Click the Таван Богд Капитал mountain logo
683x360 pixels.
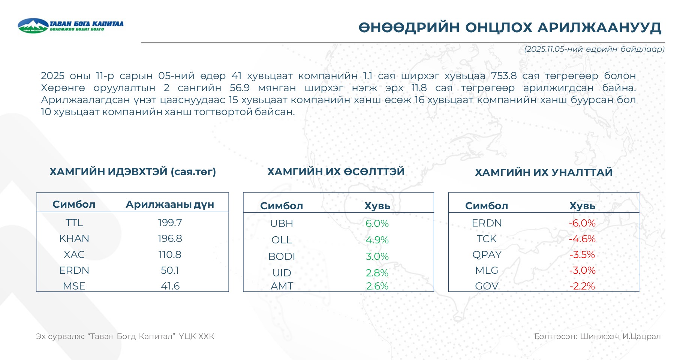tap(33, 26)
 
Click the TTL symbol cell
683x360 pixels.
tap(74, 223)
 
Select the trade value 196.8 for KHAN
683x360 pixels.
tap(170, 238)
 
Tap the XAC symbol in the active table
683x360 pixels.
tap(74, 255)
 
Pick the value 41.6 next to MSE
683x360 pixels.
tap(170, 286)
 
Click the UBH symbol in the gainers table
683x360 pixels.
tap(282, 223)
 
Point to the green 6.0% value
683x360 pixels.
tap(377, 223)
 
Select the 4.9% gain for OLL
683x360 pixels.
tap(377, 240)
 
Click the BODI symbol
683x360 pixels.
tap(282, 256)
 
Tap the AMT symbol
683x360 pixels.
tap(282, 286)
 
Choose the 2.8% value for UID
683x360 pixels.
tap(377, 273)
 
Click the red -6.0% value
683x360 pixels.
tap(582, 223)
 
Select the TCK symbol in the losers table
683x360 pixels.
tap(487, 239)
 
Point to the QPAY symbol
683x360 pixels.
tap(487, 255)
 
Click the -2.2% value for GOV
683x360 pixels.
tap(582, 286)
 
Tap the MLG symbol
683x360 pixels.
tap(487, 270)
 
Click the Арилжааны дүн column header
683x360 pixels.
tap(170, 204)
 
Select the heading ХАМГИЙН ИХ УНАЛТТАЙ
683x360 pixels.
tap(544, 172)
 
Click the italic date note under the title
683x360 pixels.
tap(594, 49)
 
